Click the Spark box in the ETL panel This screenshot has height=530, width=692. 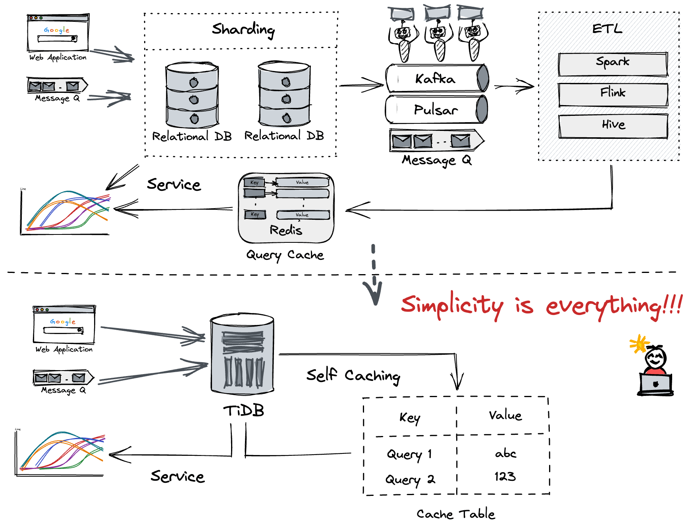613,64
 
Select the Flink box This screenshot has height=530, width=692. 613,95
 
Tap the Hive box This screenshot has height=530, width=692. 613,126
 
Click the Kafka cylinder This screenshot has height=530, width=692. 436,79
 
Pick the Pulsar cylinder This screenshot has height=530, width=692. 436,109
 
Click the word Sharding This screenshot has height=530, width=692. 243,29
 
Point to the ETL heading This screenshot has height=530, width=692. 607,29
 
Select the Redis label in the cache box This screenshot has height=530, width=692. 286,230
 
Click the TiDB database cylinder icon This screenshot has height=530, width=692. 243,354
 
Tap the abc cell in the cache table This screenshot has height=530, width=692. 505,453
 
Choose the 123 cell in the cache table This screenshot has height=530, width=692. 505,476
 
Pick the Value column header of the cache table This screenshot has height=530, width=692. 505,415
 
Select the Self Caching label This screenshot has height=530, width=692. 353,375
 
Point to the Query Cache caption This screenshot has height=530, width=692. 285,255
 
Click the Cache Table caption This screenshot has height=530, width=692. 456,514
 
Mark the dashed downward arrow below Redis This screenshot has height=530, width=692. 374,274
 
